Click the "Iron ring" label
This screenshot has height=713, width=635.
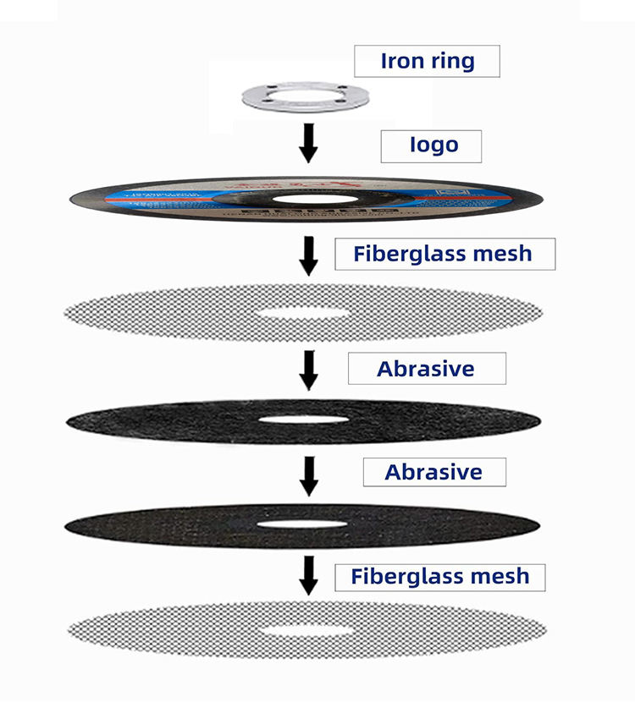[x=427, y=62]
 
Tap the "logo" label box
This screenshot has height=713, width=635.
[x=431, y=145]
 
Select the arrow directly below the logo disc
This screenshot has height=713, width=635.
[x=309, y=255]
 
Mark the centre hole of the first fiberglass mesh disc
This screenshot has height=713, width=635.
[x=304, y=313]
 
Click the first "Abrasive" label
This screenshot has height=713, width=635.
[x=426, y=369]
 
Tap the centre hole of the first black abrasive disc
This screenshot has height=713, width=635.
[x=303, y=420]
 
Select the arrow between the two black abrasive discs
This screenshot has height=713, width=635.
[x=309, y=476]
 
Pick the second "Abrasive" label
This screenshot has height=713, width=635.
[x=433, y=472]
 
